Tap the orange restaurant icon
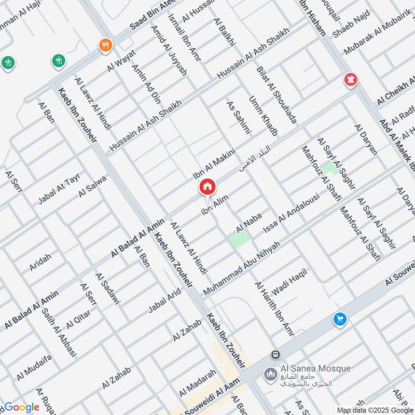click(x=105, y=45)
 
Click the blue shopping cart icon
click(x=340, y=320)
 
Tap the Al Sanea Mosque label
click(x=315, y=369)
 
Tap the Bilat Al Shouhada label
click(x=277, y=95)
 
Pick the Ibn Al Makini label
click(x=214, y=162)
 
